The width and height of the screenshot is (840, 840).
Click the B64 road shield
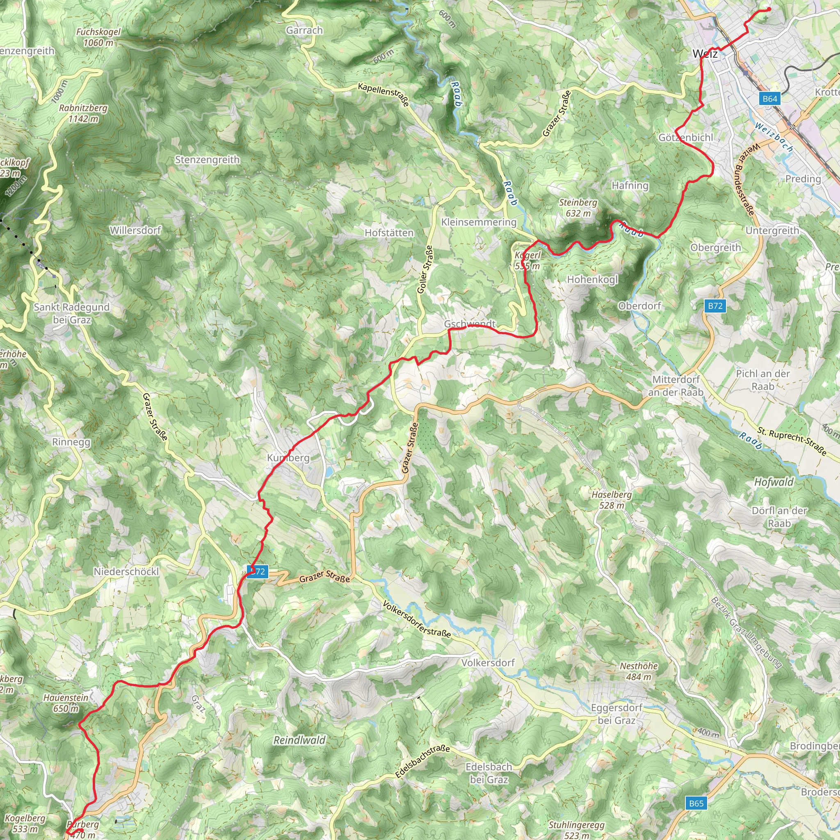point(769,99)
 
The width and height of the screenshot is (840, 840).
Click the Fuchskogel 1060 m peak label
point(98,37)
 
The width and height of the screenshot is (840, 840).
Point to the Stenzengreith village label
point(208,160)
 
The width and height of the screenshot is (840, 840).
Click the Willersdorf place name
point(135,230)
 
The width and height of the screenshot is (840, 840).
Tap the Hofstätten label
point(389,233)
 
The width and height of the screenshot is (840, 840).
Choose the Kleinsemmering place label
point(479,222)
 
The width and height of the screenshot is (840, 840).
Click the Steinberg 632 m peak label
point(578,208)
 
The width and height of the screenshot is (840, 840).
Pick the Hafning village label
point(630,186)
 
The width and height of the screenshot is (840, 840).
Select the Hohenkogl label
point(592,279)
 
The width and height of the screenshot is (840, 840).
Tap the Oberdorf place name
point(639,306)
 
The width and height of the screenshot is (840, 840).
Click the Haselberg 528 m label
point(611,500)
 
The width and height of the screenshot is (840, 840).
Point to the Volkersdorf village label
point(488,663)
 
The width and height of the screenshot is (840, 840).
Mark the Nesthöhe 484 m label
point(638,671)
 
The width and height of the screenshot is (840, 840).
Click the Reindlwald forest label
point(299,740)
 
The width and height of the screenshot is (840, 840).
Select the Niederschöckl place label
point(126,572)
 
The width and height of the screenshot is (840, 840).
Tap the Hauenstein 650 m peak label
point(66,703)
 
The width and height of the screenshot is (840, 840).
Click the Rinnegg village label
point(71,442)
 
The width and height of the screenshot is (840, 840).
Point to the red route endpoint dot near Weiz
point(769,9)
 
